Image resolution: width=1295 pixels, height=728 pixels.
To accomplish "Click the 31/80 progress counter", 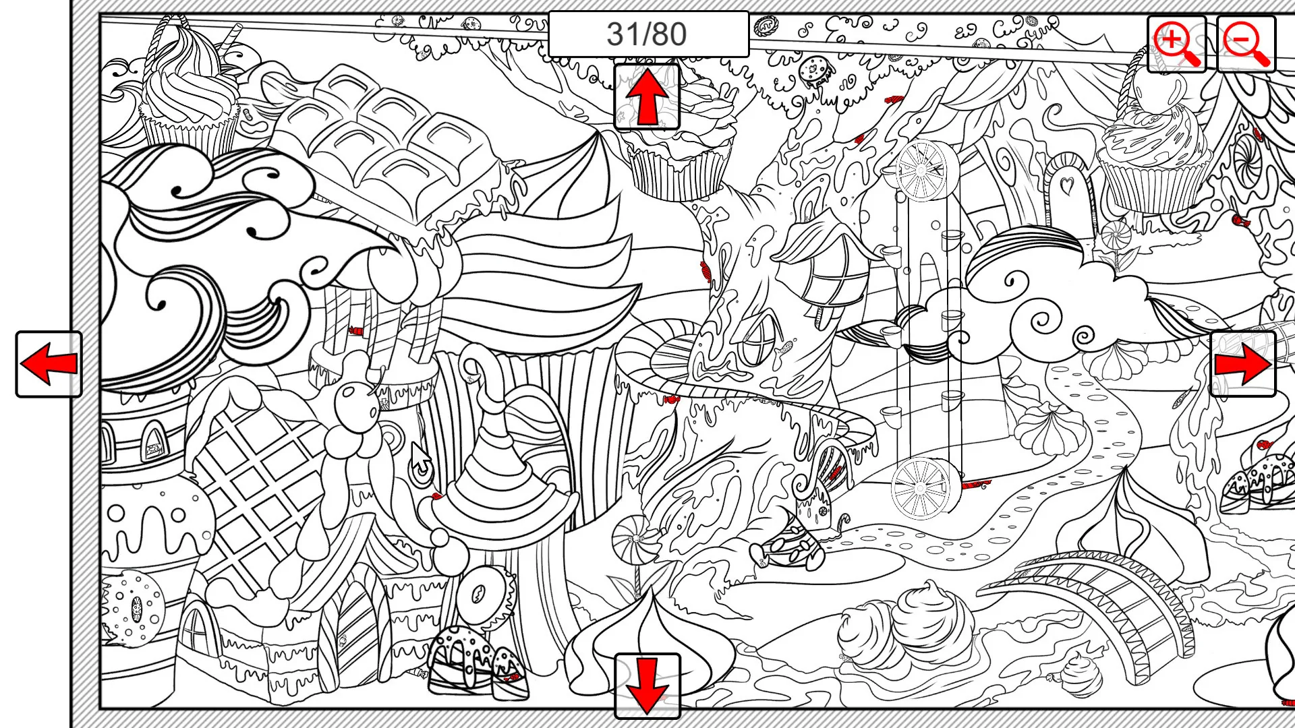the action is [647, 34].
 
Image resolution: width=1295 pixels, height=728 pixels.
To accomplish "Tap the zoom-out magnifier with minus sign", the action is [1246, 44].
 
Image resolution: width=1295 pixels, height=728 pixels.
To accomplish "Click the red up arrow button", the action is [647, 97].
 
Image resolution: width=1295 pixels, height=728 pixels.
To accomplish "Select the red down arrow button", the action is [647, 686].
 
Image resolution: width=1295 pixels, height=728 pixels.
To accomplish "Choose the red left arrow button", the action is [49, 364].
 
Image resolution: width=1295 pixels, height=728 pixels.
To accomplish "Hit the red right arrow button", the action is [1242, 364].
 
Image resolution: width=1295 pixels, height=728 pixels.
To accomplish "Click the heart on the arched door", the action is [1067, 183].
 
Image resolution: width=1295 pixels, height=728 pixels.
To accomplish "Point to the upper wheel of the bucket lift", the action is [922, 171].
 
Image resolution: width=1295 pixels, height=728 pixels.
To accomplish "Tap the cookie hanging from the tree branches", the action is [811, 70].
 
